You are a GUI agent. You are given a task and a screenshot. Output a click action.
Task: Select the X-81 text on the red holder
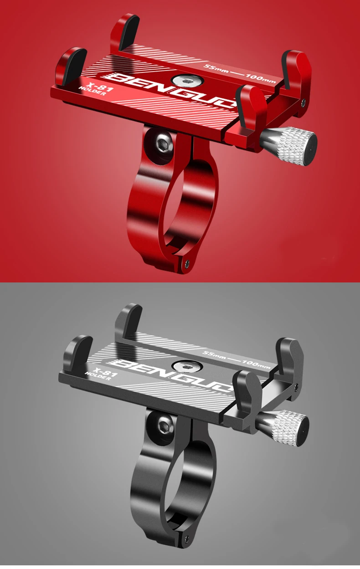pos(100,87)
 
